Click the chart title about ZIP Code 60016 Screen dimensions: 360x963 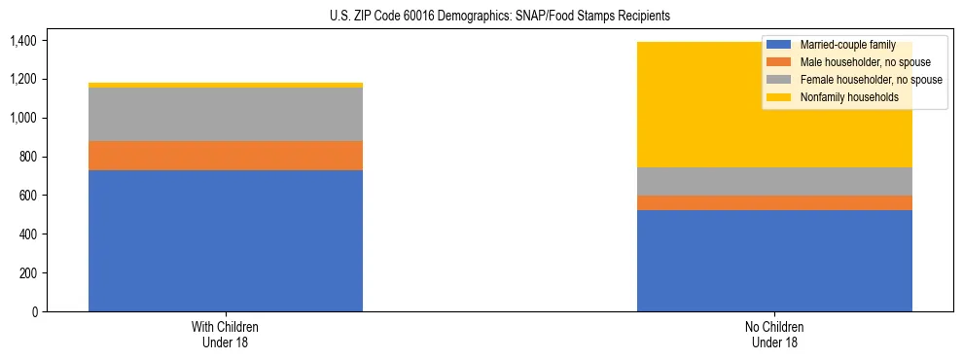[x=481, y=17]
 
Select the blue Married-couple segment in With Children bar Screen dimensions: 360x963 [x=226, y=241]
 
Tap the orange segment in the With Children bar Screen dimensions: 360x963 [x=226, y=156]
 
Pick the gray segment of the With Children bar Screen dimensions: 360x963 [x=226, y=115]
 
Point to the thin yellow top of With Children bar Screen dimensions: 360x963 [x=226, y=86]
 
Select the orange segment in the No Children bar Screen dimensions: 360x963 [x=774, y=202]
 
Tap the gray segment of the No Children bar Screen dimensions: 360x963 [x=774, y=181]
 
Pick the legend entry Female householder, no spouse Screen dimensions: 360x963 [x=870, y=80]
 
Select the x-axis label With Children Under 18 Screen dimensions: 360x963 [x=226, y=335]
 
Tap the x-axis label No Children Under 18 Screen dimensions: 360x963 [x=774, y=335]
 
